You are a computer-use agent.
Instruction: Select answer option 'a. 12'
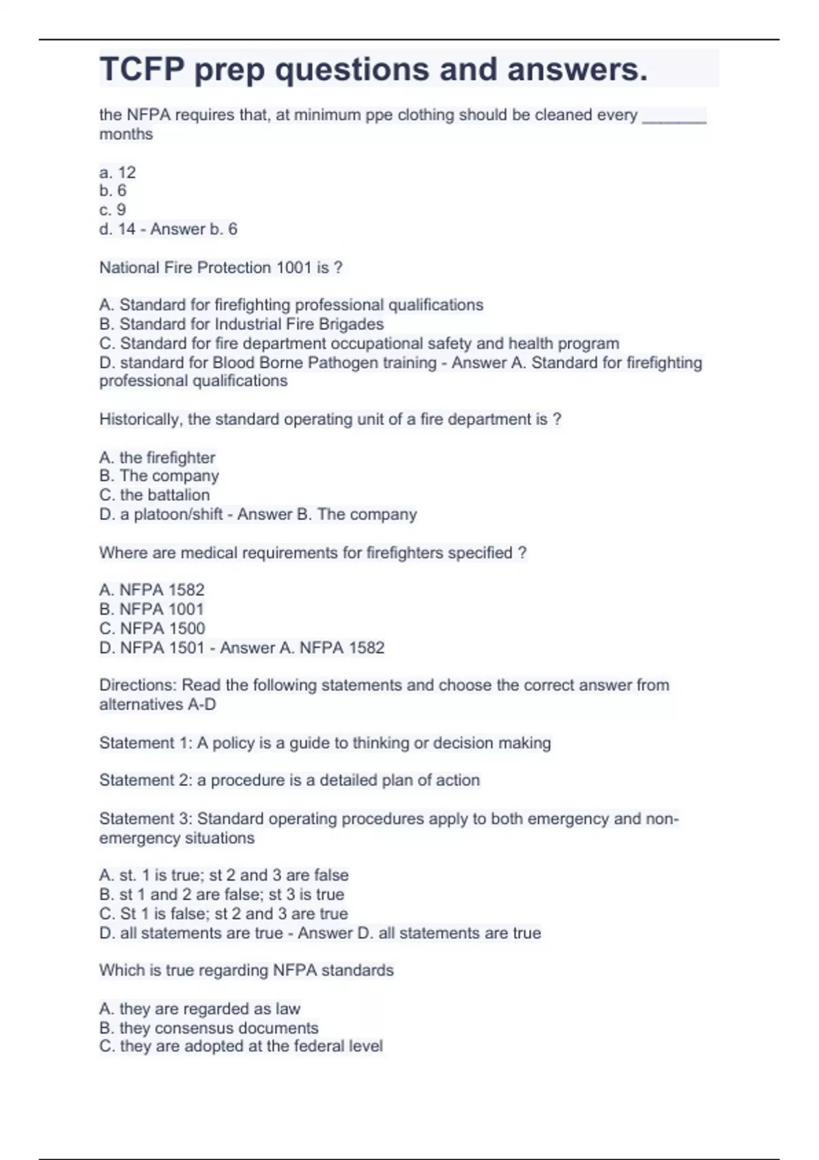[x=117, y=172]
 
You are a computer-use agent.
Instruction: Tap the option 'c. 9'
[x=113, y=209]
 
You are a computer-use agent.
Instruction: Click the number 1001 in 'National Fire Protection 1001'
[x=293, y=267]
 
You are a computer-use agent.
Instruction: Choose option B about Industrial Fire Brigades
[x=242, y=324]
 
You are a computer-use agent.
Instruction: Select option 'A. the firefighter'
[x=157, y=457]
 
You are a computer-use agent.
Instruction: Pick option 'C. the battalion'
[x=154, y=495]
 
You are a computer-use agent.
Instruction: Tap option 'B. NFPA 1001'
[x=152, y=609]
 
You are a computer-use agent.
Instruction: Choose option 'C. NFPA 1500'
[x=152, y=628]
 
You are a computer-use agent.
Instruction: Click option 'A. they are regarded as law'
[x=199, y=1009]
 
